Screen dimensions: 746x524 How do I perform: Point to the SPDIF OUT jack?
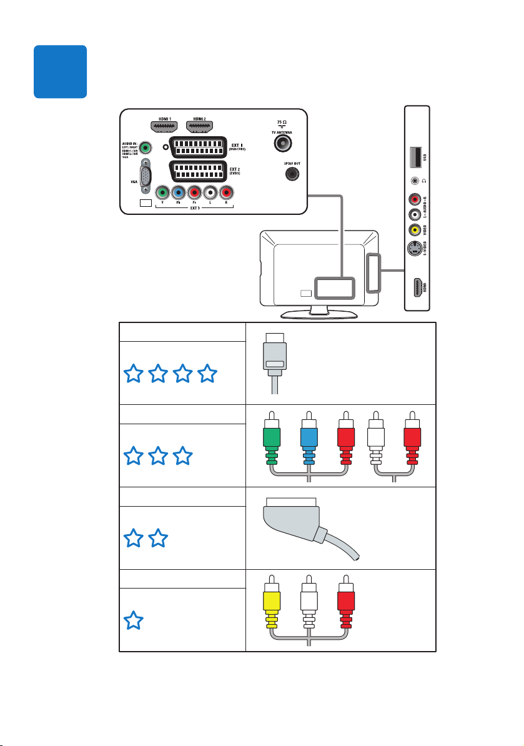(x=290, y=174)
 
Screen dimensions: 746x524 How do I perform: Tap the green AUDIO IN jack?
(x=145, y=149)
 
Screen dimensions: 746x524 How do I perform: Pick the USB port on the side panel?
(x=415, y=157)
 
